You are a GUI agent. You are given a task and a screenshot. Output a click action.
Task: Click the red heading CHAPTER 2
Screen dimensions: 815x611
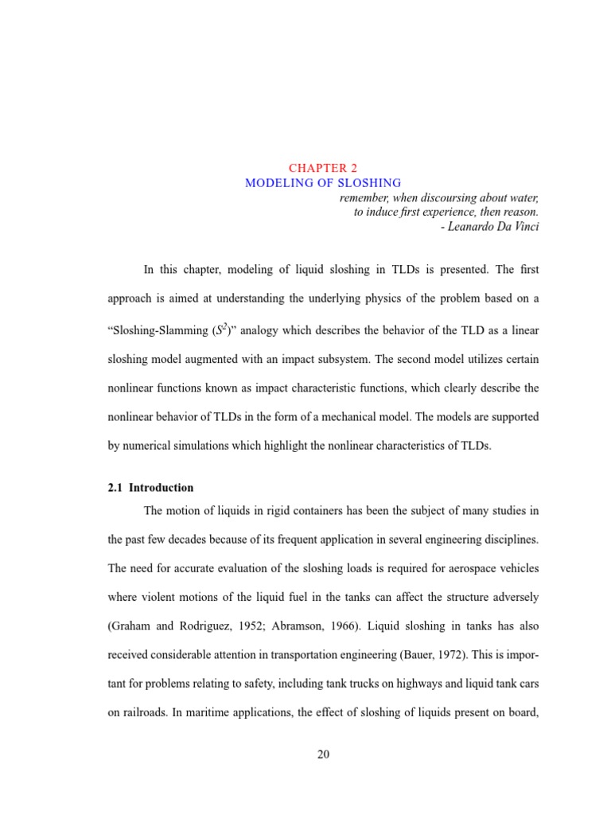pos(323,168)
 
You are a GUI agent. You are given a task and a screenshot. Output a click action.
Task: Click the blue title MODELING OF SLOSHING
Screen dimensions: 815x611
pos(323,183)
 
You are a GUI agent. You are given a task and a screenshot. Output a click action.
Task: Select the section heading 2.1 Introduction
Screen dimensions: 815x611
pos(150,488)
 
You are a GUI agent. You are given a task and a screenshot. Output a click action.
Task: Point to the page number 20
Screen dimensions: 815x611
pos(323,755)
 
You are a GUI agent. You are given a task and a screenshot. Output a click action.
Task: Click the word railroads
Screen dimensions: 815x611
pos(149,713)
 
